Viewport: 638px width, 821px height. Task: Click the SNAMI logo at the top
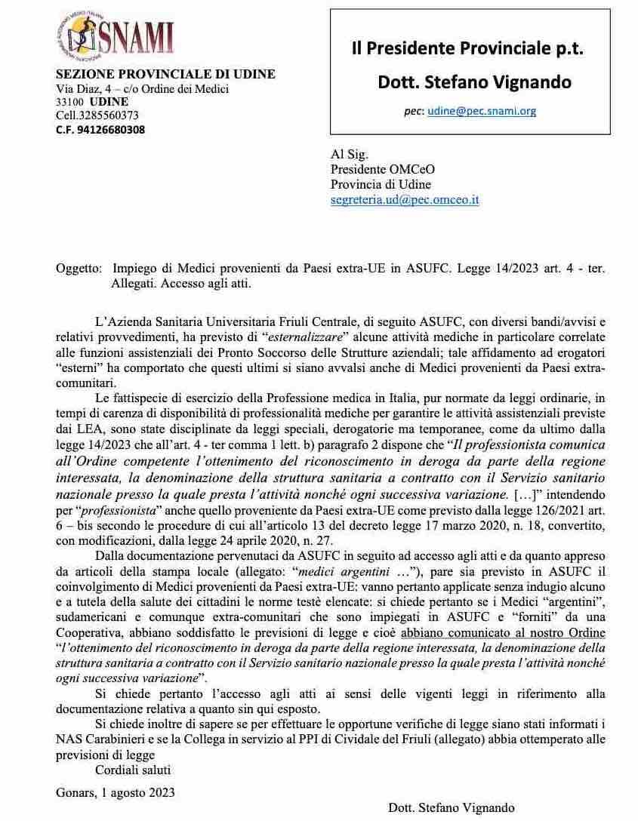tap(115, 38)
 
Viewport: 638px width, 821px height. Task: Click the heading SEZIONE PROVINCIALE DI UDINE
tap(166, 74)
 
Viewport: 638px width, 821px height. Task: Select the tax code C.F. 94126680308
tap(100, 129)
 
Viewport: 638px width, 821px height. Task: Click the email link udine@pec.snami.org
tap(481, 110)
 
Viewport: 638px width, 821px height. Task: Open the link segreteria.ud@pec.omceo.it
tap(405, 200)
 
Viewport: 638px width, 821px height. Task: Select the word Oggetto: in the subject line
tap(78, 268)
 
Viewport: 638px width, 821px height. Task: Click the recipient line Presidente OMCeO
tap(383, 170)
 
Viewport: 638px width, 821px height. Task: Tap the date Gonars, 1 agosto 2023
tap(116, 792)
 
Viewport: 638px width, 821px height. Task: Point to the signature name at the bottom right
tap(452, 807)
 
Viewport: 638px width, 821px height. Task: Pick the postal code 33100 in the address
tap(70, 102)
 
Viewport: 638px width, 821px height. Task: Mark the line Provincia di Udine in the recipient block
tap(381, 185)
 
